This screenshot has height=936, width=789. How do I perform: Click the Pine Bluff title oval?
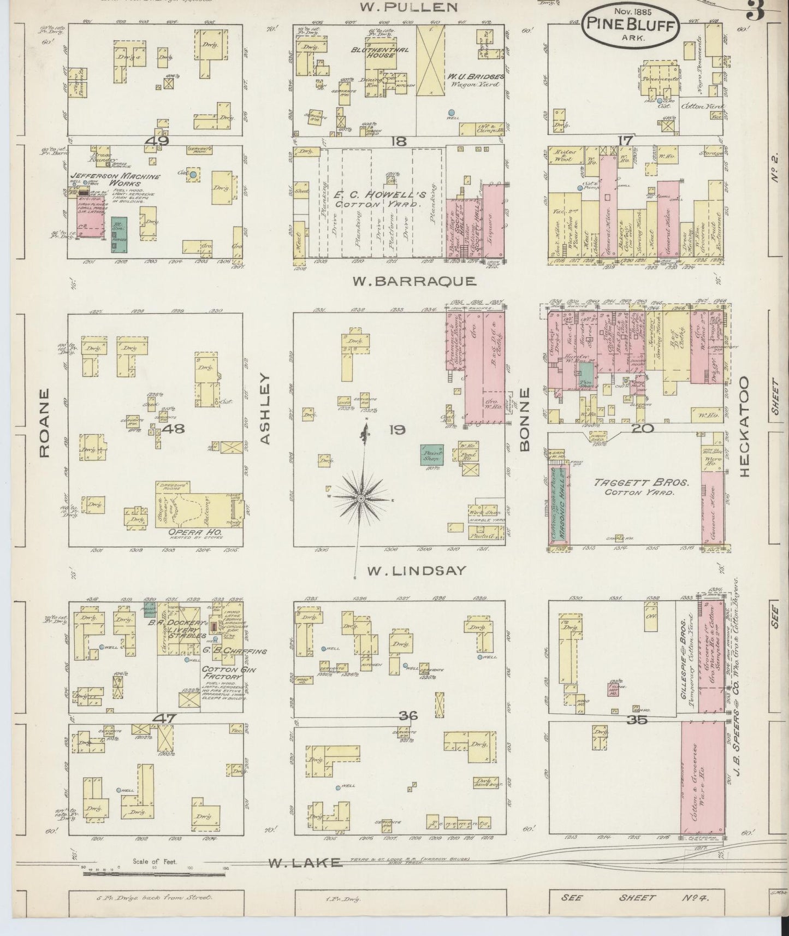click(631, 25)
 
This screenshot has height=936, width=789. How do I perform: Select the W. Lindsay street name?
click(417, 571)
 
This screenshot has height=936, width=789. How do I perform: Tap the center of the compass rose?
click(361, 499)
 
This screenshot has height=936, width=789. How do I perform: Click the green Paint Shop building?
click(432, 454)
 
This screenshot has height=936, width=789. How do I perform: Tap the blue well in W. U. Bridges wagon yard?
click(452, 112)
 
